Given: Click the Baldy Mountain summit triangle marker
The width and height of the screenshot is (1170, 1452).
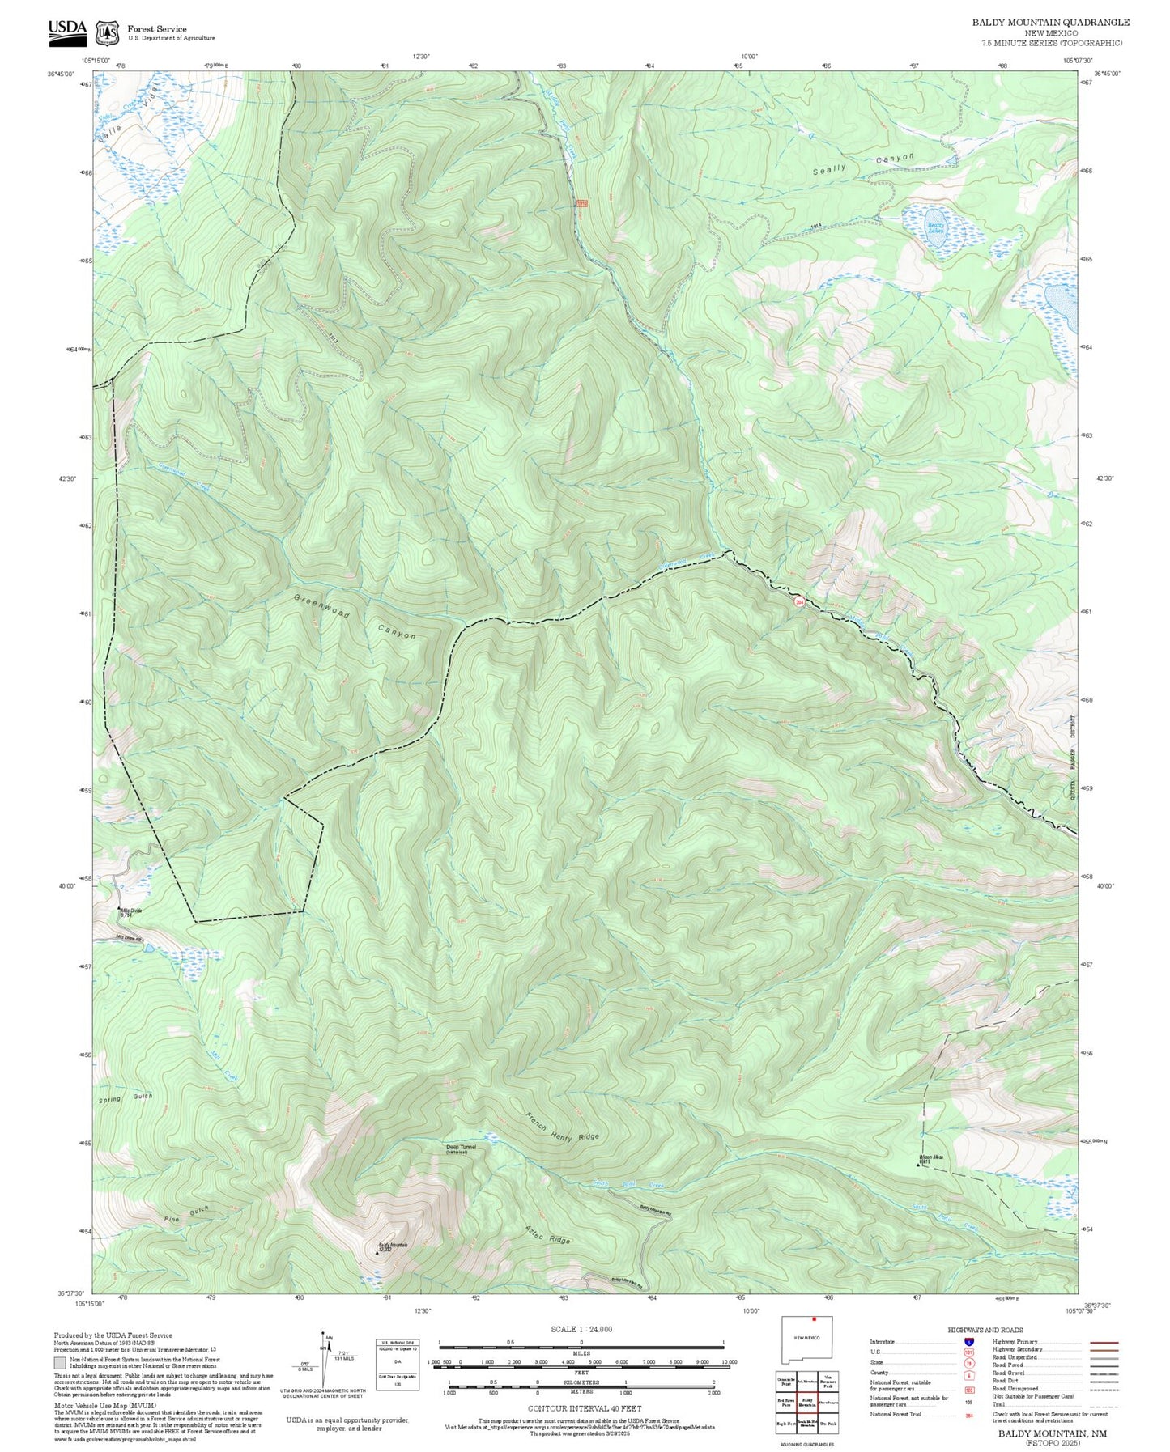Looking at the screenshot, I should pyautogui.click(x=377, y=1252).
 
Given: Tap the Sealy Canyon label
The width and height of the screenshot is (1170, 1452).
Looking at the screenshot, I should pyautogui.click(x=863, y=163).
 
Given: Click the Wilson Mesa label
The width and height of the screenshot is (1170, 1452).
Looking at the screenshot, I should pyautogui.click(x=931, y=1157).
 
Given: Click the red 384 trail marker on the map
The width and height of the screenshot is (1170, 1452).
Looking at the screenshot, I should pyautogui.click(x=798, y=602).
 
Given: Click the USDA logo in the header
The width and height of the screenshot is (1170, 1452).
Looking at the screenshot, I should pyautogui.click(x=67, y=31).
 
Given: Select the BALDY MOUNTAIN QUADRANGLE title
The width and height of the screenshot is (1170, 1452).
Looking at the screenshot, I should pyautogui.click(x=1050, y=23).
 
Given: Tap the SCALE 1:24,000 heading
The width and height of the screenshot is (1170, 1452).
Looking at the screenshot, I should pyautogui.click(x=581, y=1329).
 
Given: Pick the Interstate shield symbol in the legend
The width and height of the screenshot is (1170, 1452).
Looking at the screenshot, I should pyautogui.click(x=969, y=1342).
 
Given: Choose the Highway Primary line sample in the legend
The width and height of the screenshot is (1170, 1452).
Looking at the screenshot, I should pyautogui.click(x=1104, y=1342).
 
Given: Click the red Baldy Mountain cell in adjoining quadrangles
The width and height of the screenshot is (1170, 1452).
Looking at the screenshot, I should pyautogui.click(x=806, y=1402).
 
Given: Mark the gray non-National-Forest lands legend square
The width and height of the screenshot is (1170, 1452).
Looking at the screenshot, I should pyautogui.click(x=60, y=1363).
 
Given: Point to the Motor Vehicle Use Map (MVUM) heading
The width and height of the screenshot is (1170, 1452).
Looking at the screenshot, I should pyautogui.click(x=104, y=1405).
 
